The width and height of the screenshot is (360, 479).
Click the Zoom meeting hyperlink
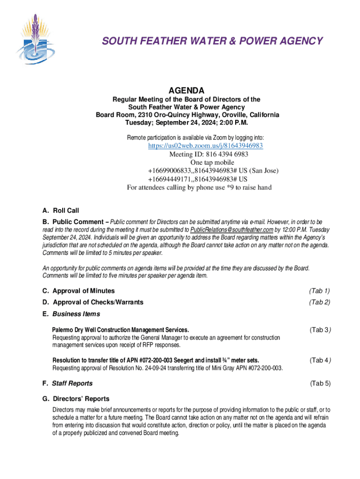(x=205, y=145)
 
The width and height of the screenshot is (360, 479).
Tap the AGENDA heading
(x=186, y=90)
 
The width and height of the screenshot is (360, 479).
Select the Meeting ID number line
(x=209, y=154)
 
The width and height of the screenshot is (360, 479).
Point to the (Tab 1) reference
(x=320, y=291)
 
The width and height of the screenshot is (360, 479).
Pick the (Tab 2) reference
(x=320, y=302)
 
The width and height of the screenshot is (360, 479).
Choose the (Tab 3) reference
(x=320, y=330)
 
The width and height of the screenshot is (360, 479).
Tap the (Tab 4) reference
(x=320, y=360)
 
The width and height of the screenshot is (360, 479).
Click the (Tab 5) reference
(x=320, y=384)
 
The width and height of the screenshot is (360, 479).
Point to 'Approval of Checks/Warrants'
(x=98, y=302)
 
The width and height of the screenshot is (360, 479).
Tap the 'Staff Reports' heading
(x=72, y=384)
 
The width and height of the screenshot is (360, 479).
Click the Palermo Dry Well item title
(x=121, y=330)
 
